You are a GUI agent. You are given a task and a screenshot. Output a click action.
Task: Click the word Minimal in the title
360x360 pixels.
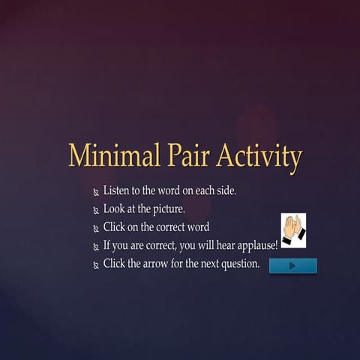114,156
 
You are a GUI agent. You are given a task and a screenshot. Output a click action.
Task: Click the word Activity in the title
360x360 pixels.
259,156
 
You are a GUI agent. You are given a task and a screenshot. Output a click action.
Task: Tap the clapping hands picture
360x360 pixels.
293,230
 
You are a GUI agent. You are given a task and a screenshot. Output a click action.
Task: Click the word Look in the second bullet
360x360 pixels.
115,208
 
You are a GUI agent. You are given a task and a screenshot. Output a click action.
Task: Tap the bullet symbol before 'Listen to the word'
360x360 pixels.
96,193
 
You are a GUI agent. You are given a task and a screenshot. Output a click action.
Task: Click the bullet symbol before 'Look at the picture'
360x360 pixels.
96,211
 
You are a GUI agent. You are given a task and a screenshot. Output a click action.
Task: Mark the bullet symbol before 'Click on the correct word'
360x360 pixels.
96,229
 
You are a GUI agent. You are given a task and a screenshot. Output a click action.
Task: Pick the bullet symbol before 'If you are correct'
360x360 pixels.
96,247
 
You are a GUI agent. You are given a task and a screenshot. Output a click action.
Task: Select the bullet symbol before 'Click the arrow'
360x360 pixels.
96,265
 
